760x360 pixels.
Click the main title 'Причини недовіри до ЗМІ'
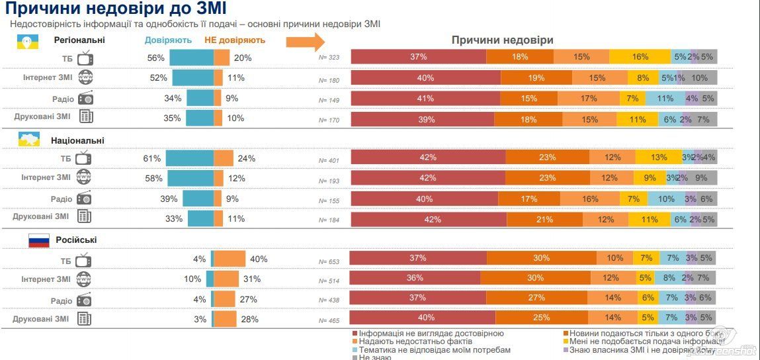(116, 9)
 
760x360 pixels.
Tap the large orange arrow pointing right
(305, 41)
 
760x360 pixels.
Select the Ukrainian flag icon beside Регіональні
(26, 40)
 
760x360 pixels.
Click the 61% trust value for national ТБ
(151, 158)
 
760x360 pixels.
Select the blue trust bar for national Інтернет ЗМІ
(190, 178)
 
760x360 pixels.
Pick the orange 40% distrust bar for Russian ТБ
(230, 259)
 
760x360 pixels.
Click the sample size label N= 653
(329, 261)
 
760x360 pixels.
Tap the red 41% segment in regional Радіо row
(425, 99)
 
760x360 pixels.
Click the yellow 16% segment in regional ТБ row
(640, 57)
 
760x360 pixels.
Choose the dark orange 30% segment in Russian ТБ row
(541, 258)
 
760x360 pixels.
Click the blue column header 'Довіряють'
(168, 40)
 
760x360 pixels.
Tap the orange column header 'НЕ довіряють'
(235, 40)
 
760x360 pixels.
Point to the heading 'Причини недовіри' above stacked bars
(502, 40)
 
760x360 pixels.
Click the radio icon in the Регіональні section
(85, 99)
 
